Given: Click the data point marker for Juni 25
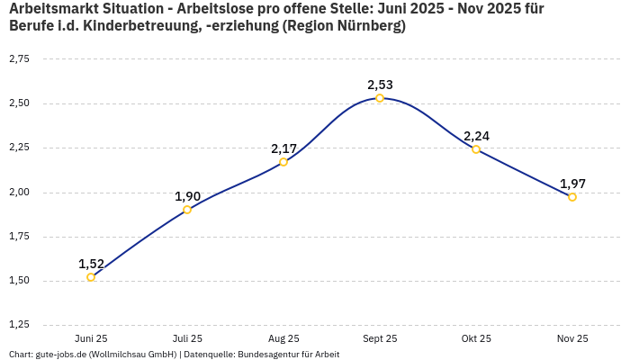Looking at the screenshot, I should pos(91,277).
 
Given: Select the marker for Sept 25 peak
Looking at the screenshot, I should pos(380,98).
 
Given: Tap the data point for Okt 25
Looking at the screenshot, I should pos(476,149).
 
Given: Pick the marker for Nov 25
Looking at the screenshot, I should pos(572,197).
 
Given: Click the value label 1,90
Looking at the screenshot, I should pos(187,196).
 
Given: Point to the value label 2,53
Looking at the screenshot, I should pos(380,85).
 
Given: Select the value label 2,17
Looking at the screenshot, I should pos(283,148).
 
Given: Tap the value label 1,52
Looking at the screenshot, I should pos(91,264).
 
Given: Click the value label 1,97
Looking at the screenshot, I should pos(572,184).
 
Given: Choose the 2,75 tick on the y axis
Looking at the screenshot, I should pos(19,59).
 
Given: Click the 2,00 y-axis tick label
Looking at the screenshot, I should pos(19,192).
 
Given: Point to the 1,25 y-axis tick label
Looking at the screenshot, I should pos(19,325).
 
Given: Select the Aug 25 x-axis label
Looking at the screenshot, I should pos(283,338).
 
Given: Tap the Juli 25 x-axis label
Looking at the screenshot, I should pos(187,338).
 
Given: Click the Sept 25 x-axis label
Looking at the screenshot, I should pos(380,338).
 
